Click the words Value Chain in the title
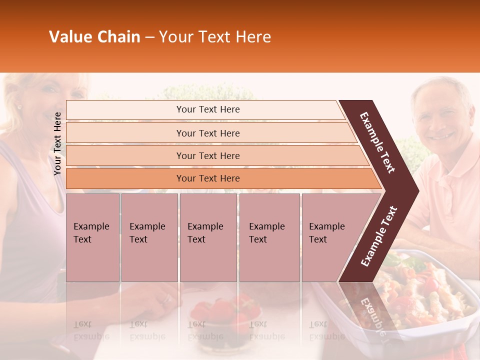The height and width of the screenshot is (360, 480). [x=94, y=37]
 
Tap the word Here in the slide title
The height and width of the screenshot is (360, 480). [x=253, y=37]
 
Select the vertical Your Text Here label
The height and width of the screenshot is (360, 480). [x=57, y=143]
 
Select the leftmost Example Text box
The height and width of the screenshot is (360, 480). [x=92, y=237]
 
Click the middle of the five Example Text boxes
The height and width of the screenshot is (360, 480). [x=208, y=237]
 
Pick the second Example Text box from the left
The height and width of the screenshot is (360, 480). [x=149, y=237]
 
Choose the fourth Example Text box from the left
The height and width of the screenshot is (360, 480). [x=269, y=237]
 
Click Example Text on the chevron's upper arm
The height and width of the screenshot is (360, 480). [x=378, y=142]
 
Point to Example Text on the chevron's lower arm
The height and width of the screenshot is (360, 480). [x=379, y=236]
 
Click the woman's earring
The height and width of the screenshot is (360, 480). [x=20, y=106]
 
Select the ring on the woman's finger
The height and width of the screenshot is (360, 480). [x=166, y=299]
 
